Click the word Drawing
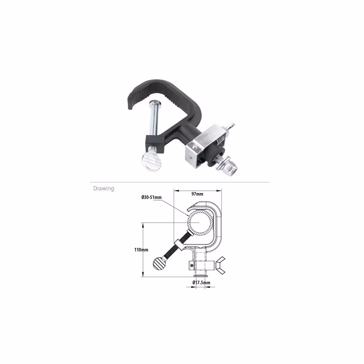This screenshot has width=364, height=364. click(x=103, y=188)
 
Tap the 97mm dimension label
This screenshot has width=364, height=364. click(x=197, y=194)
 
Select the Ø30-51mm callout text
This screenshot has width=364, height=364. click(x=151, y=197)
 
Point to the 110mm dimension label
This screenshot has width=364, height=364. click(x=141, y=250)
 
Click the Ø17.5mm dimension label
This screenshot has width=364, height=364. click(x=201, y=282)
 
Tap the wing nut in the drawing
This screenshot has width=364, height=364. click(x=220, y=265)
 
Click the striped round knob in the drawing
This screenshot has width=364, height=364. click(x=158, y=264)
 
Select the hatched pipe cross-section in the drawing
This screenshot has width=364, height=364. click(x=200, y=222)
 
